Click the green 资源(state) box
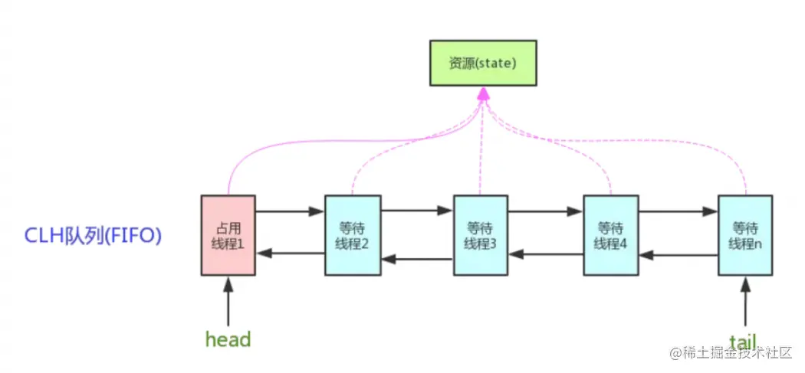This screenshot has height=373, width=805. click(x=483, y=63)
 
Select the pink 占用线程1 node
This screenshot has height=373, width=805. click(x=228, y=235)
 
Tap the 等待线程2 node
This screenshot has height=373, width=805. click(x=353, y=235)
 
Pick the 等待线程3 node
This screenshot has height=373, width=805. click(x=481, y=235)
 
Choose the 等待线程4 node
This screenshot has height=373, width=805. click(x=610, y=235)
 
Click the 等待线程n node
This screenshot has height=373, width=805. click(x=745, y=235)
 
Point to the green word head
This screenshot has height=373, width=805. click(x=228, y=339)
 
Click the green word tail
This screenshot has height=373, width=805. click(x=744, y=339)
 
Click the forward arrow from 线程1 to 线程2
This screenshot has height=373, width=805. click(x=290, y=211)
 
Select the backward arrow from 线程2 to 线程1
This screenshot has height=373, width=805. click(x=290, y=253)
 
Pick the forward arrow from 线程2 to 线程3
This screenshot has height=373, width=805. click(x=417, y=210)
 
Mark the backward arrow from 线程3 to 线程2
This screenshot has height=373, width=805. click(x=417, y=259)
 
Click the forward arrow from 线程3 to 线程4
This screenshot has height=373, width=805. click(x=546, y=211)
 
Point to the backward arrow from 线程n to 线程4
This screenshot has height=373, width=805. click(x=678, y=254)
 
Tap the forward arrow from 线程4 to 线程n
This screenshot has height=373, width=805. click(x=678, y=211)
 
